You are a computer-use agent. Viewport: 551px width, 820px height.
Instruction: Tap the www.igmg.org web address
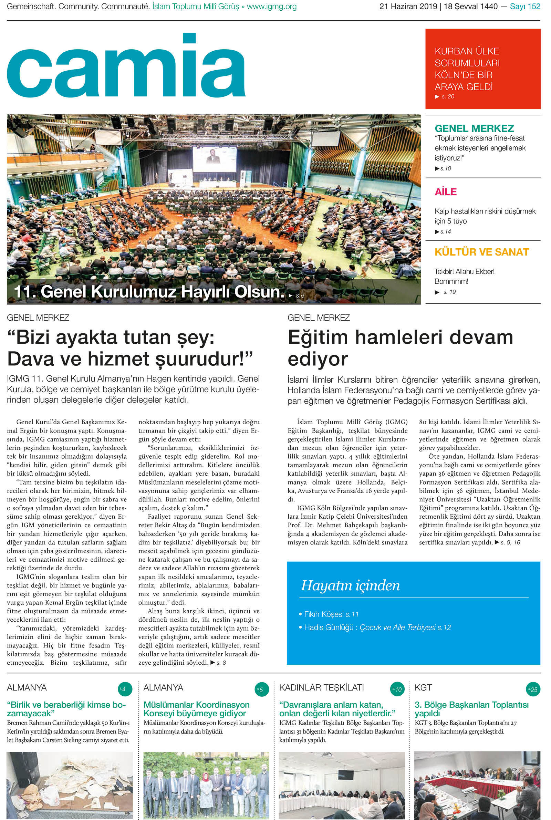pyautogui.click(x=272, y=6)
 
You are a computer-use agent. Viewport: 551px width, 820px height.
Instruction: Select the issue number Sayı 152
pyautogui.click(x=524, y=6)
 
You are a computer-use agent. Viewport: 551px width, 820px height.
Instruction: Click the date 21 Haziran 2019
pyautogui.click(x=408, y=6)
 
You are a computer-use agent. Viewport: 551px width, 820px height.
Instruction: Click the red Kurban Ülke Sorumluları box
pyautogui.click(x=482, y=69)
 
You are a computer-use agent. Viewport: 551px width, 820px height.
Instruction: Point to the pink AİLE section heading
pyautogui.click(x=446, y=192)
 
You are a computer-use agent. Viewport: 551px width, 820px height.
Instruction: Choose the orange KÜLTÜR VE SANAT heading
pyautogui.click(x=481, y=252)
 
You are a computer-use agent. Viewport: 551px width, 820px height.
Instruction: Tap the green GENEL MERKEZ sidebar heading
pyautogui.click(x=474, y=128)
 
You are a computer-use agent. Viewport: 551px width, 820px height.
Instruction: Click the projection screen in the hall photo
pyautogui.click(x=214, y=159)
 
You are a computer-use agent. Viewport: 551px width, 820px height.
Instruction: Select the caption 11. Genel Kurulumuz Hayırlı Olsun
pyautogui.click(x=149, y=292)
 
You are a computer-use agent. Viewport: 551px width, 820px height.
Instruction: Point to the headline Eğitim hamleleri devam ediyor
pyautogui.click(x=400, y=347)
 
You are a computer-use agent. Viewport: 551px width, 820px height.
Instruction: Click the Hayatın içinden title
pyautogui.click(x=350, y=585)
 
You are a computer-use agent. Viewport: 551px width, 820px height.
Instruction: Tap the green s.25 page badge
pyautogui.click(x=533, y=689)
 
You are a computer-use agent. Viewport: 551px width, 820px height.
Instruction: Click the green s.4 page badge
pyautogui.click(x=125, y=689)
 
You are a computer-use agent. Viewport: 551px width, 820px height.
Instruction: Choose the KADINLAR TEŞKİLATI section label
pyautogui.click(x=321, y=687)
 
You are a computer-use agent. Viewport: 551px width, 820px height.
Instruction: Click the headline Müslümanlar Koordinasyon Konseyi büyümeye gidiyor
pyautogui.click(x=196, y=709)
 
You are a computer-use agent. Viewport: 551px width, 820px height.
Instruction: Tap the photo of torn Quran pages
pyautogui.click(x=70, y=785)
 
